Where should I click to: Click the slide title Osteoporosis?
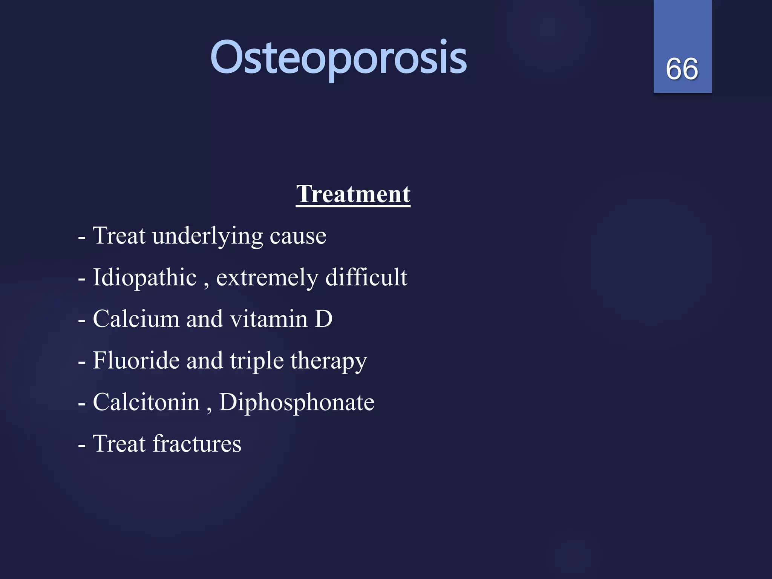tap(339, 58)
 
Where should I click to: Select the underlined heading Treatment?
tap(353, 194)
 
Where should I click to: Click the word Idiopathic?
tap(145, 278)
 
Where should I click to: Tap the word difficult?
tap(366, 277)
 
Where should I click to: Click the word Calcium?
tap(136, 319)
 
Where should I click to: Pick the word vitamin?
tap(269, 320)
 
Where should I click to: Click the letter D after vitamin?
tap(323, 319)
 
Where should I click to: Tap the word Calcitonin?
tap(146, 402)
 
